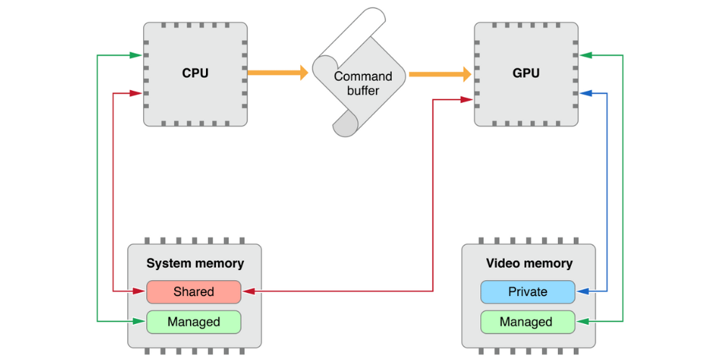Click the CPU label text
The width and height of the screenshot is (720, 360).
point(195,73)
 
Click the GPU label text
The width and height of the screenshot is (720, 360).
point(526,73)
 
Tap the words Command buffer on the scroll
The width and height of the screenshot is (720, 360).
point(362,84)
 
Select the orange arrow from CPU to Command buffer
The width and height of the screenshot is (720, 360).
point(277,73)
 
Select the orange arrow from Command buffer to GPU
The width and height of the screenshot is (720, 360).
point(439,73)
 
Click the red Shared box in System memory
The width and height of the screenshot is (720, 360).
point(194,292)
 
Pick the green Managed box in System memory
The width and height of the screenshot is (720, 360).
point(194,322)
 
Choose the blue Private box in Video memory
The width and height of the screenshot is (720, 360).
point(527,292)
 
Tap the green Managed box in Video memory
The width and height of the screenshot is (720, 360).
point(527,322)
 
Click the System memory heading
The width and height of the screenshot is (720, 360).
point(195,264)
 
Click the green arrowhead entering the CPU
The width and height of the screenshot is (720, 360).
point(136,55)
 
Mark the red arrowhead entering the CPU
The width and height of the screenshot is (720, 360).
point(136,93)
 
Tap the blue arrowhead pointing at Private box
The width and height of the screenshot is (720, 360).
point(582,292)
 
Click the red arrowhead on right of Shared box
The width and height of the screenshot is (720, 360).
point(247,292)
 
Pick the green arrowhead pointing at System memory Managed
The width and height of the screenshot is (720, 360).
point(140,322)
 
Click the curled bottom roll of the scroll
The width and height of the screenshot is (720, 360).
point(346,125)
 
